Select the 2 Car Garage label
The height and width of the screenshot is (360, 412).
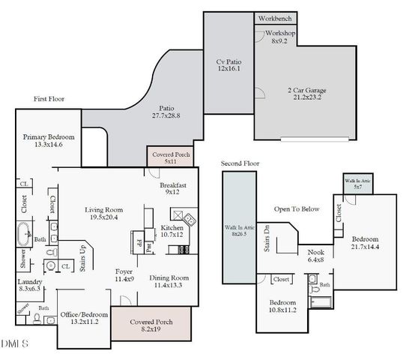306,94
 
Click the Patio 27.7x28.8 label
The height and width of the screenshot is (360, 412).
166,112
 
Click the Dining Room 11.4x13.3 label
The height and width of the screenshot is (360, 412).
169,281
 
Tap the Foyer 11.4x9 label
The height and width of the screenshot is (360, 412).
124,275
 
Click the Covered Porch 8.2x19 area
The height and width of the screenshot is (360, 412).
151,325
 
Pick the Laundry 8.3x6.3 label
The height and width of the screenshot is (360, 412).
30,286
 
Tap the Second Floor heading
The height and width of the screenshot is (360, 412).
241,163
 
